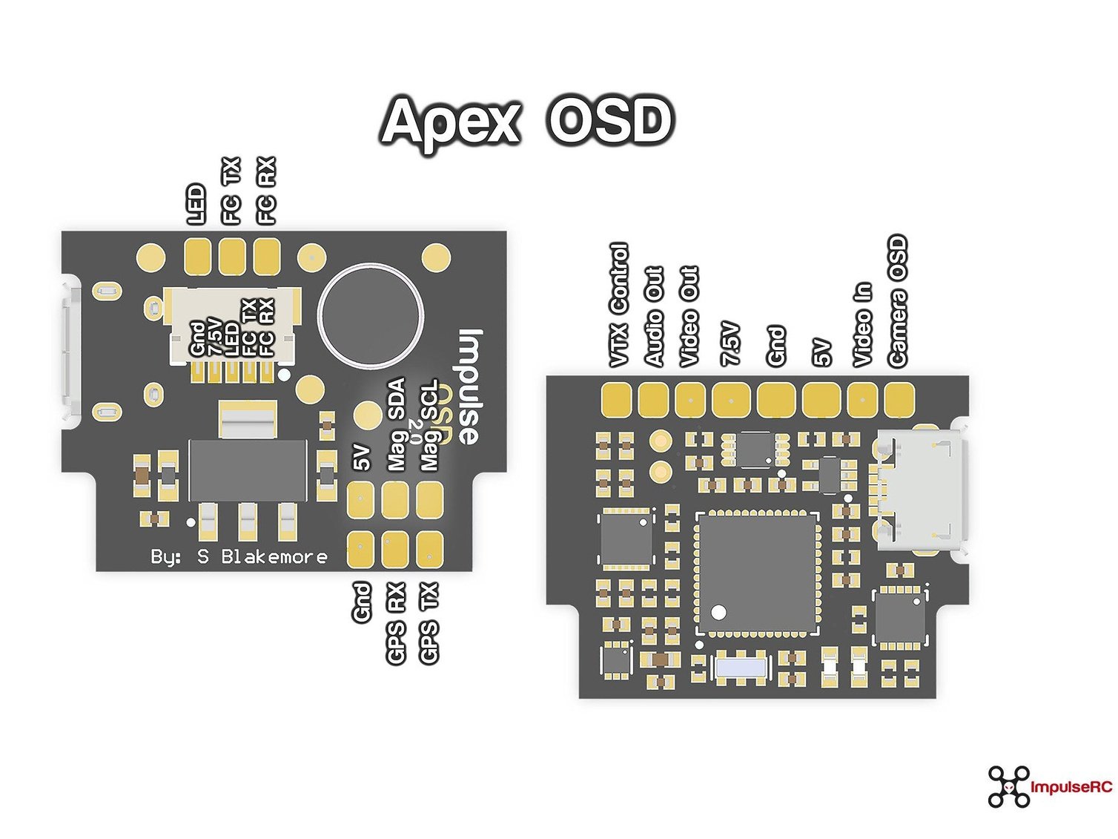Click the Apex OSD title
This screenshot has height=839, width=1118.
pos(527,121)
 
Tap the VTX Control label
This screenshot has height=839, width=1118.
pos(618,306)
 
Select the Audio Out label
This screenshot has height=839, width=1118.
pos(654,317)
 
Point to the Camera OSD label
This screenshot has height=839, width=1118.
pos(897,301)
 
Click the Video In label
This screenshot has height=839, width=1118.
pos(862,325)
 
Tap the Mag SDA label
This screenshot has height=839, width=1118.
pos(397,424)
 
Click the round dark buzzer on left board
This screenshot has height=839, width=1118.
pos(371,315)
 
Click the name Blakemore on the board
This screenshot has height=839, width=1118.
pos(274,556)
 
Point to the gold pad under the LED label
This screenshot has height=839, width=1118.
pos(197,257)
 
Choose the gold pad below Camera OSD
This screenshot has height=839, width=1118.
pos(899,399)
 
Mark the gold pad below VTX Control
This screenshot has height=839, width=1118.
pos(616,399)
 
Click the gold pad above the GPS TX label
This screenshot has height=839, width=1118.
pos(429,550)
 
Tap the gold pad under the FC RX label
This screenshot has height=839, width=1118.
pos(267,257)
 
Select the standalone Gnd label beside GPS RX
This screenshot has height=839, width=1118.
pos(361,602)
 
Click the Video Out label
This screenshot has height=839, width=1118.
pos(689,317)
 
